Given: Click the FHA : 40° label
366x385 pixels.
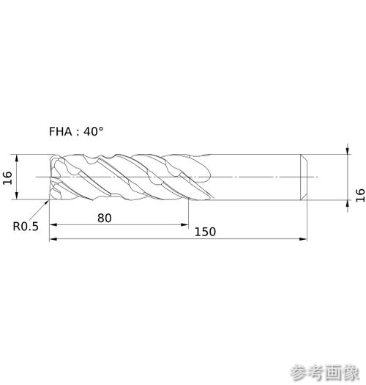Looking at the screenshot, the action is pyautogui.click(x=76, y=131).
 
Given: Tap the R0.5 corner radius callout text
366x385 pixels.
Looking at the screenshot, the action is pyautogui.click(x=26, y=227).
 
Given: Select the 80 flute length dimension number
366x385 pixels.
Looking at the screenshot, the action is pyautogui.click(x=105, y=218).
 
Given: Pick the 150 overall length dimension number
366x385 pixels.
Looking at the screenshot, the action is pyautogui.click(x=205, y=232).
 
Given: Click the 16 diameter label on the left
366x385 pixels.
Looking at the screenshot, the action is pyautogui.click(x=7, y=177).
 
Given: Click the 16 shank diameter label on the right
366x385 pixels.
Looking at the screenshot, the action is pyautogui.click(x=360, y=195).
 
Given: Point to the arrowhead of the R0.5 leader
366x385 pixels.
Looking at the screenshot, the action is pyautogui.click(x=47, y=202).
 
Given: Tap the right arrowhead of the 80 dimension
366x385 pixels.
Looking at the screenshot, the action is pyautogui.click(x=184, y=224).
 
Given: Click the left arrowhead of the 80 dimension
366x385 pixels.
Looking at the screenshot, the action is pyautogui.click(x=53, y=224).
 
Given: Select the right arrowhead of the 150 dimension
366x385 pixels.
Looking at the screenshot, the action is pyautogui.click(x=303, y=239).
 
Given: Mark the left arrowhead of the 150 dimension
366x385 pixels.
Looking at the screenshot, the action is pyautogui.click(x=53, y=239).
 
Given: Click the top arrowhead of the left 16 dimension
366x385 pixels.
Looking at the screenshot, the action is pyautogui.click(x=17, y=158).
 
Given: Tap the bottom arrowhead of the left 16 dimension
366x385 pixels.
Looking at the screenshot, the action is pyautogui.click(x=17, y=196).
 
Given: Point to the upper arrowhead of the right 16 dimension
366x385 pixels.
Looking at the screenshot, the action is pyautogui.click(x=348, y=150).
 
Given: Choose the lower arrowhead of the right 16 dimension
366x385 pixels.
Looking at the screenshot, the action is pyautogui.click(x=348, y=204).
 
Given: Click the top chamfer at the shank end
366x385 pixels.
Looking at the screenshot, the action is pyautogui.click(x=304, y=158).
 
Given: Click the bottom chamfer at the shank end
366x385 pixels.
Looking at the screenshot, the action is pyautogui.click(x=304, y=197).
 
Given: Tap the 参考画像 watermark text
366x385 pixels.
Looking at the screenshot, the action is pyautogui.click(x=326, y=373).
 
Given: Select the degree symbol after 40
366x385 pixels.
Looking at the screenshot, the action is pyautogui.click(x=100, y=128).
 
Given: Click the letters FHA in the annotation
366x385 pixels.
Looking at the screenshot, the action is pyautogui.click(x=61, y=131).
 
